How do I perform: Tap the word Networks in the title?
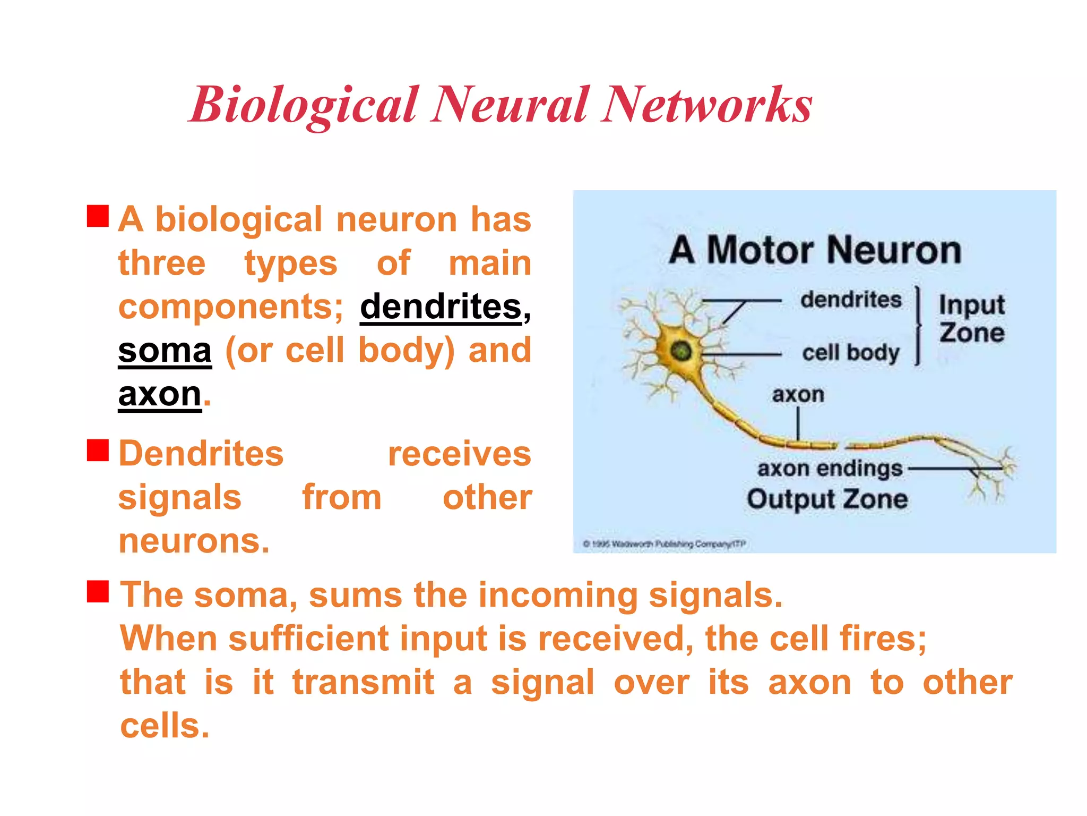706,105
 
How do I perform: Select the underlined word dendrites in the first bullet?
441,307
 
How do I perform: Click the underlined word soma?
165,351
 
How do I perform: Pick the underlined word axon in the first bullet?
160,394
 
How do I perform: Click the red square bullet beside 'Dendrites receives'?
98,450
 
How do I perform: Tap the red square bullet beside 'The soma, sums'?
98,591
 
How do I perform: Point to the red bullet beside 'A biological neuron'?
98,216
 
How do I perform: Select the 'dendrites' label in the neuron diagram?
851,300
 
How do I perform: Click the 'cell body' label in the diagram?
851,352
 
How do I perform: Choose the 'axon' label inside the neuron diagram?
798,395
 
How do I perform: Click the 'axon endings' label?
830,469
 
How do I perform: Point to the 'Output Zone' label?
827,499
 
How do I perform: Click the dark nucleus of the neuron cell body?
681,351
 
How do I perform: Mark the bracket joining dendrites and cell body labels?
918,326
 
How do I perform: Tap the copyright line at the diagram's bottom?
664,543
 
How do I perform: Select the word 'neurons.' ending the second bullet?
194,541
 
